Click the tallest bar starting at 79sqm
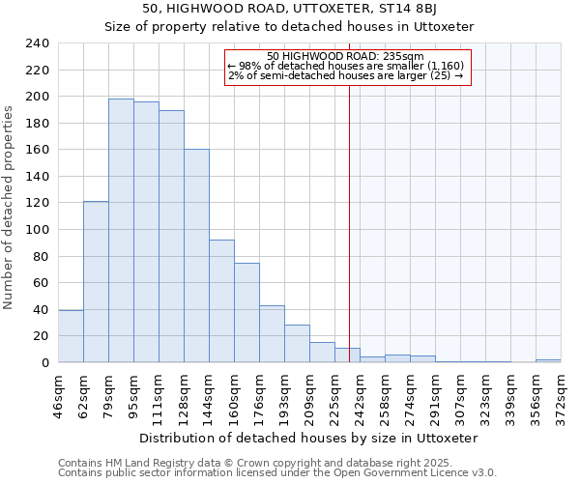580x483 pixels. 121,231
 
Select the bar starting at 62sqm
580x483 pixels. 96,282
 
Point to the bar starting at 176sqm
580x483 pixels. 272,334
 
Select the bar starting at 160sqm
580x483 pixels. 246,313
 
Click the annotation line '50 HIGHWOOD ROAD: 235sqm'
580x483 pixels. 345,56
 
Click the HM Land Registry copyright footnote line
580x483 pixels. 255,463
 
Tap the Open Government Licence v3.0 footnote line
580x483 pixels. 277,472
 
